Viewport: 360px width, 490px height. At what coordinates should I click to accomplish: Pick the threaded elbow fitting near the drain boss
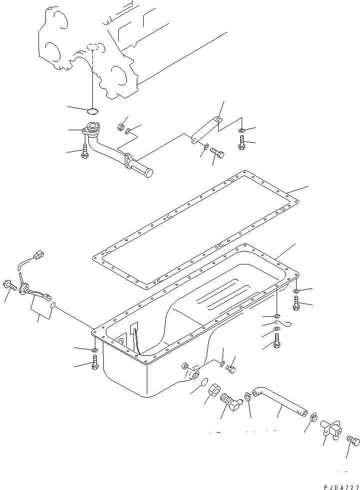tap(231, 401)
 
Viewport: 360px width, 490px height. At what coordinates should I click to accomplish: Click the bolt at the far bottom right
tap(353, 442)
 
